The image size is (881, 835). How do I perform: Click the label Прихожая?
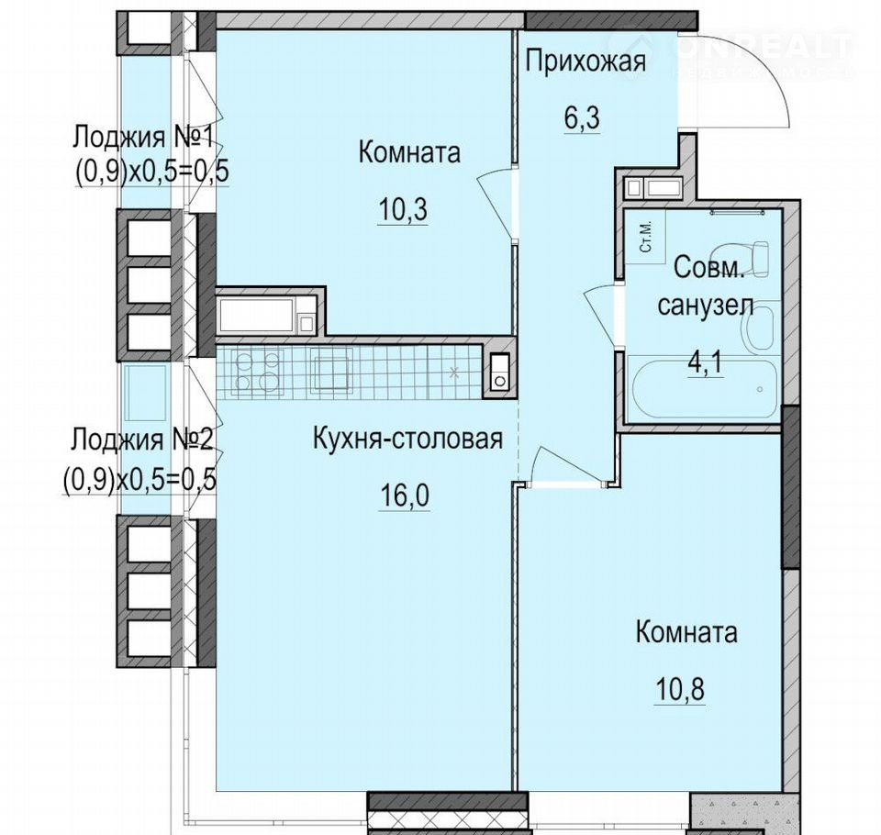(585, 61)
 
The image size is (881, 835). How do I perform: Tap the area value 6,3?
(583, 117)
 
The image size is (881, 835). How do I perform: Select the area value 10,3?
(403, 209)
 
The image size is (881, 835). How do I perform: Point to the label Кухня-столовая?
(407, 439)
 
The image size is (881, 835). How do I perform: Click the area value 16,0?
(405, 495)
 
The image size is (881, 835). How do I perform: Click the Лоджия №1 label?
(143, 137)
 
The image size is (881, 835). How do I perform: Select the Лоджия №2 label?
(141, 440)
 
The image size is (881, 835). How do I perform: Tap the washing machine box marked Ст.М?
(645, 239)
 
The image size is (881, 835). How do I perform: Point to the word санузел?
(705, 306)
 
